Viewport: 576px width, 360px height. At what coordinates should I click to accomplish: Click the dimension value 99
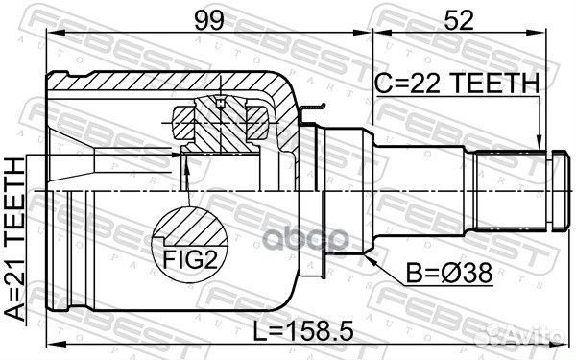pyautogui.click(x=208, y=20)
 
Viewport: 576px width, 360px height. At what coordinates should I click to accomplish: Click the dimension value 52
pyautogui.click(x=459, y=20)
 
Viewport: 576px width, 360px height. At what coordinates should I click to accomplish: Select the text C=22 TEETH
pyautogui.click(x=457, y=84)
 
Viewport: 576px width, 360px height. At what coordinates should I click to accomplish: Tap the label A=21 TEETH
pyautogui.click(x=14, y=239)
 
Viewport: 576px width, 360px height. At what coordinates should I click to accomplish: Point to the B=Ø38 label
pyautogui.click(x=449, y=274)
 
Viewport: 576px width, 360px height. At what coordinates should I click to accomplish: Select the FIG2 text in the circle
pyautogui.click(x=189, y=260)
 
